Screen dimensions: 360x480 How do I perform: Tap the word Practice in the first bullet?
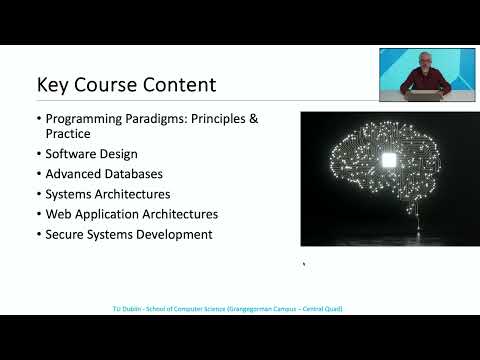pos(68,134)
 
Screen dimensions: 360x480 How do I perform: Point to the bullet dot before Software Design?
pos(39,155)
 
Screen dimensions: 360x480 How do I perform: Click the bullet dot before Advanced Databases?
pos(39,175)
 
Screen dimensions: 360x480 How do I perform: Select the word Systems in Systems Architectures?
pos(69,195)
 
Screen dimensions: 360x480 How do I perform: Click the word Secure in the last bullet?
pos(66,235)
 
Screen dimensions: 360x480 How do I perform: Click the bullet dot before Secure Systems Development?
pos(39,235)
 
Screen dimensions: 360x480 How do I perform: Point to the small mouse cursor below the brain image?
pos(304,264)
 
